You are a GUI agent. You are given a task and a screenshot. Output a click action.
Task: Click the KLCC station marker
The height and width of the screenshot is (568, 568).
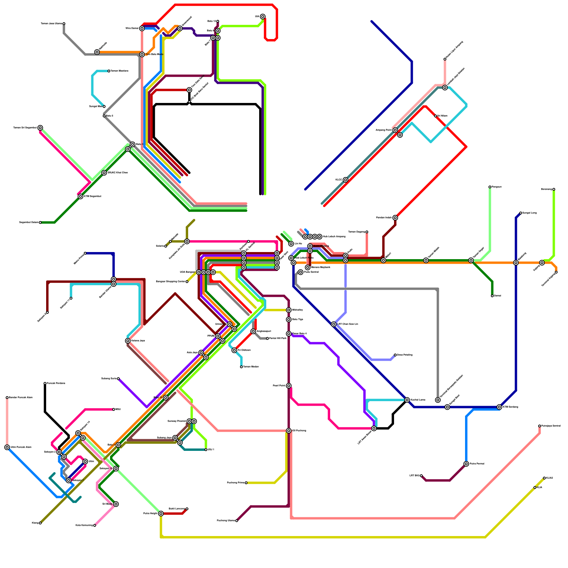coord(345,180)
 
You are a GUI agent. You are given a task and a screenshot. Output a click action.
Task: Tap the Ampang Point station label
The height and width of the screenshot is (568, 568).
coord(384,130)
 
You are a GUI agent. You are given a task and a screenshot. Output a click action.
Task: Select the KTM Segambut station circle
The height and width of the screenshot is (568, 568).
coord(81,197)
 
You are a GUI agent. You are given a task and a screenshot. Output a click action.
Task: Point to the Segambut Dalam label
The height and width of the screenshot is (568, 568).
coord(29,223)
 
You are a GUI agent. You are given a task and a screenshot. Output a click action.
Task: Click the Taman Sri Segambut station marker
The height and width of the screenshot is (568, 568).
coord(40,128)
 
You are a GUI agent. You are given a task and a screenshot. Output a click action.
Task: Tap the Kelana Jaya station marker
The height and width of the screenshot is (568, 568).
coord(128,341)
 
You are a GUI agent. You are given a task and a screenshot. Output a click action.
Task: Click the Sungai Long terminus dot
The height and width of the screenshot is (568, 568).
coord(520,213)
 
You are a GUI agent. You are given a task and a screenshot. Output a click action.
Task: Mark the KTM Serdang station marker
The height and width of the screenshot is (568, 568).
coord(499,407)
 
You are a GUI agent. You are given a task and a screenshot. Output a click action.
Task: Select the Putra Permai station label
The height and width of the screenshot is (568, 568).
coord(477,464)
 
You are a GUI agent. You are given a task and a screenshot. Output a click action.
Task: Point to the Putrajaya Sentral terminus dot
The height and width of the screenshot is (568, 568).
coord(540,426)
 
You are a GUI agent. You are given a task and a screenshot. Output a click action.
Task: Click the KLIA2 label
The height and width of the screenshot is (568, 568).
coord(550,478)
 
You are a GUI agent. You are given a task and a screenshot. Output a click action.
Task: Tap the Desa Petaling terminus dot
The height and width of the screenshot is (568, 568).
coord(395,355)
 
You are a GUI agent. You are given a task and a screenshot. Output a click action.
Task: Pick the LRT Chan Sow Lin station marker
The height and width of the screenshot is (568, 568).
coord(334,324)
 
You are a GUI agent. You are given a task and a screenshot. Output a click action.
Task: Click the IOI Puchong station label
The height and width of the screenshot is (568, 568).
coord(299,431)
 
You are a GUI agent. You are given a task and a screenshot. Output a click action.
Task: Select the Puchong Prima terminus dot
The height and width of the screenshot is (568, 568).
coord(246,483)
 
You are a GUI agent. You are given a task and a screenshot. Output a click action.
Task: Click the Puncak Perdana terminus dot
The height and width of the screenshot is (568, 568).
coord(45,383)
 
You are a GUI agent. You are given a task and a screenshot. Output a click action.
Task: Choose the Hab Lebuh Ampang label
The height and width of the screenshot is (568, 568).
coord(334,237)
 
